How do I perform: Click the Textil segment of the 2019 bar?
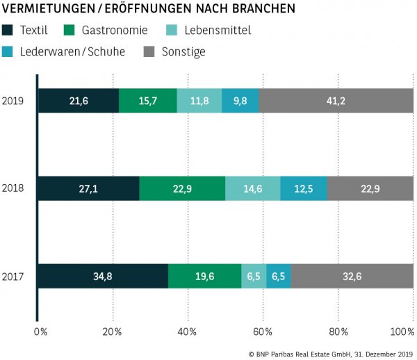click(78, 101)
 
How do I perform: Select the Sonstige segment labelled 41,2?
click(336, 101)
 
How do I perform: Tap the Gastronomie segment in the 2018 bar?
click(182, 188)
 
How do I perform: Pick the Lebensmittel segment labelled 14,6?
click(253, 188)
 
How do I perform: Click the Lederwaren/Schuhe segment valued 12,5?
click(304, 188)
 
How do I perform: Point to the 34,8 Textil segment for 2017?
click(103, 276)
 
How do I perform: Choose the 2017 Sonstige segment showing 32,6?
click(352, 276)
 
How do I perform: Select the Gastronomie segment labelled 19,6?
click(204, 276)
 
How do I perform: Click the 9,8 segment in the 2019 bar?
click(240, 101)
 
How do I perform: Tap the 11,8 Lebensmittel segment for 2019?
click(199, 101)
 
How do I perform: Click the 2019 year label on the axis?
click(13, 101)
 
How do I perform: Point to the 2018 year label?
click(13, 189)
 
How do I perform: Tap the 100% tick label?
click(402, 332)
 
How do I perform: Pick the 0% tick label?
click(41, 332)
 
